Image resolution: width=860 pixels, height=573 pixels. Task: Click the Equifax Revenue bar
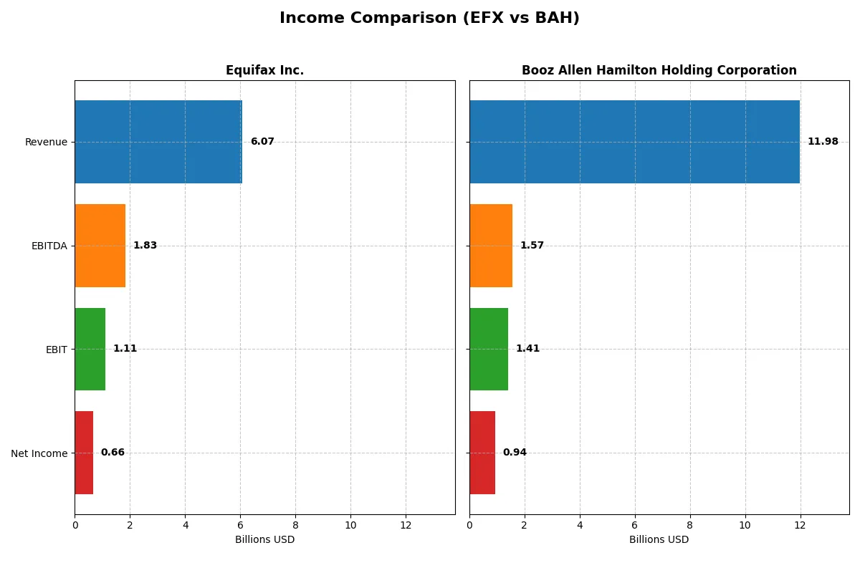click(x=158, y=142)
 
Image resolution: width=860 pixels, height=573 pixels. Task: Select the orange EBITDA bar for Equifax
click(x=100, y=246)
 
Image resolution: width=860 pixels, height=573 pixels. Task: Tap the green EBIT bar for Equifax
click(x=90, y=349)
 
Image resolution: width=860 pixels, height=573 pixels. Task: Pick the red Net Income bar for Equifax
click(x=84, y=453)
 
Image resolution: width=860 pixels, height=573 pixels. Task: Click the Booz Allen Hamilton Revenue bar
click(x=634, y=142)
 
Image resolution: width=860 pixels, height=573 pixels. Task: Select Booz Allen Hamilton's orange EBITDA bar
click(x=491, y=246)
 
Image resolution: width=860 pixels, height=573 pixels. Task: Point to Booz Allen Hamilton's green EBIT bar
click(x=489, y=349)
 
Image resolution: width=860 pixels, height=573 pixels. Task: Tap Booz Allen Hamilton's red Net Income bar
click(x=482, y=453)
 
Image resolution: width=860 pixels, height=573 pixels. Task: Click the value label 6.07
click(x=262, y=142)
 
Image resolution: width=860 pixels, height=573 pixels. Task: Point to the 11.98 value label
click(x=823, y=142)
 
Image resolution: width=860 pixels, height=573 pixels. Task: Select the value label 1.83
click(x=145, y=246)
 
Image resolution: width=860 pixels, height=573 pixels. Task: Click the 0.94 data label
click(x=515, y=453)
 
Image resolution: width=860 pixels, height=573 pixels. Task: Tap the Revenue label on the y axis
click(x=46, y=142)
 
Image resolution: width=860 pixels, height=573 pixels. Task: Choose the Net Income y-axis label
click(x=39, y=453)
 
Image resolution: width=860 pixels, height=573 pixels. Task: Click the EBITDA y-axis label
click(x=49, y=246)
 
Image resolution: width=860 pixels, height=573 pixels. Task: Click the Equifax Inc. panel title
click(x=264, y=70)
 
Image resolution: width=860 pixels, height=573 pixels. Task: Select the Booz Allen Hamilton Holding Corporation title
click(x=659, y=70)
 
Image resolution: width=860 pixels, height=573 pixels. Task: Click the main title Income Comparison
click(x=429, y=19)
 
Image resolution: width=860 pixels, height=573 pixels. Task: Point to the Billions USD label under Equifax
click(x=264, y=539)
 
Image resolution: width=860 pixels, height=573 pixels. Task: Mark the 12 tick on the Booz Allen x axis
click(x=800, y=525)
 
